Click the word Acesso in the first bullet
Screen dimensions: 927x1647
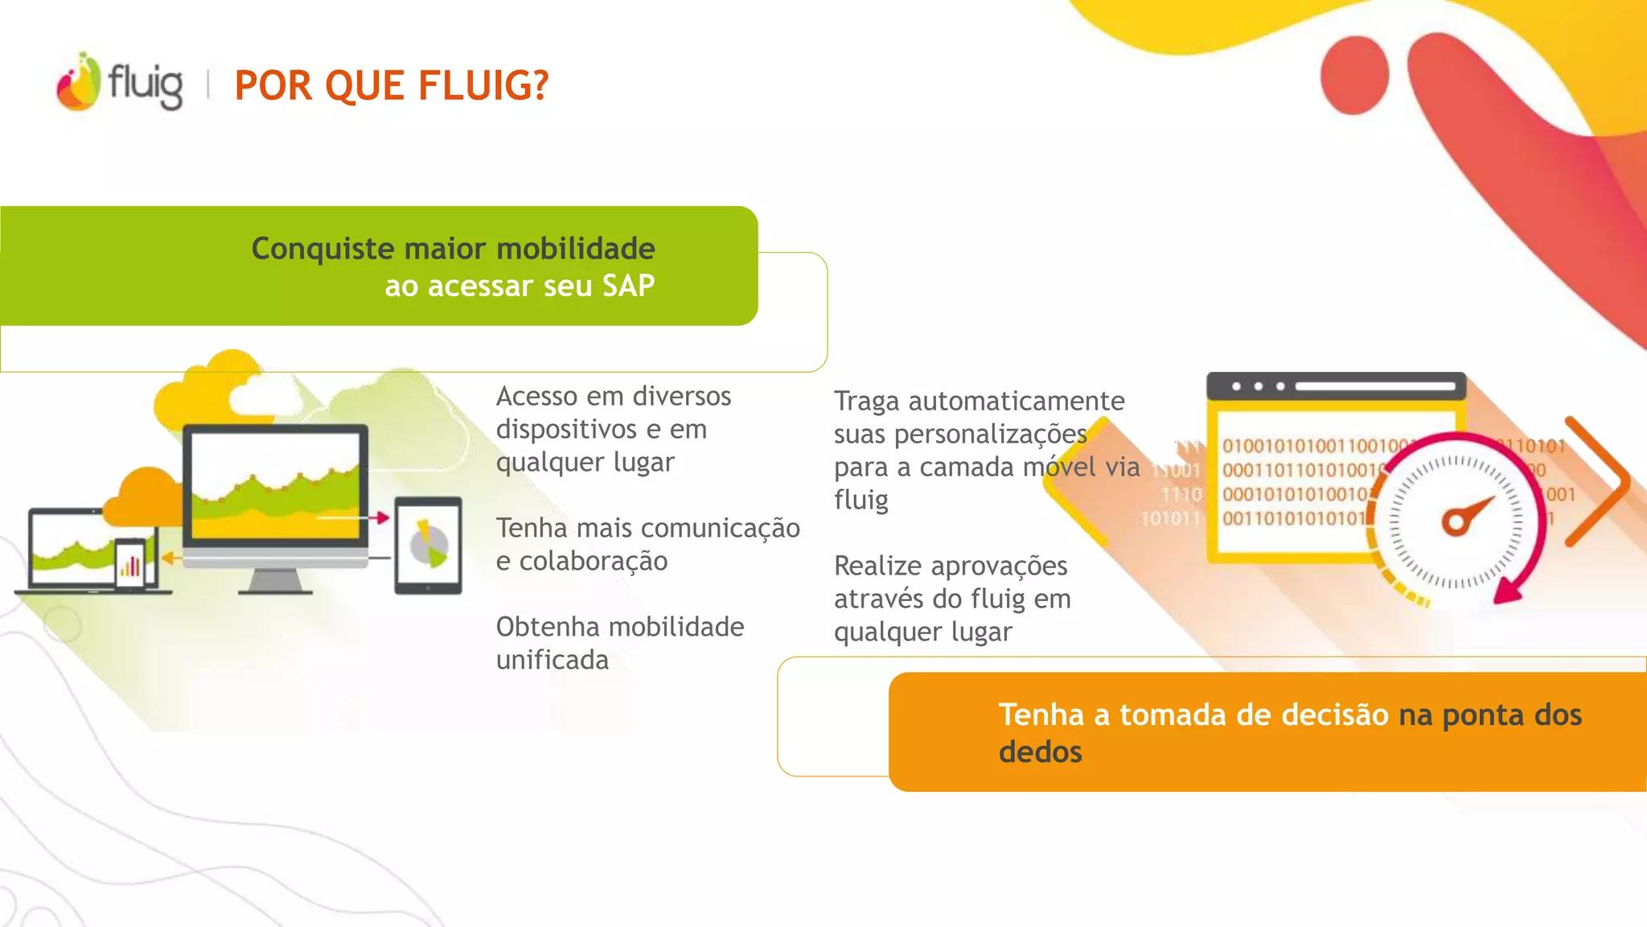click(536, 396)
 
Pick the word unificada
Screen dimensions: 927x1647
click(552, 660)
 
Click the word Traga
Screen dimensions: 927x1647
click(866, 401)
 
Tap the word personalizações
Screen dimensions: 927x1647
click(991, 435)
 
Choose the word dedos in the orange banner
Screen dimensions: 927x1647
click(1040, 752)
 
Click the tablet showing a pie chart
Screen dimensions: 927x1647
click(428, 546)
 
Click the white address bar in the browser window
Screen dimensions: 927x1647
click(1374, 387)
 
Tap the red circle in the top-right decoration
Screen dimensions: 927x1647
click(1355, 75)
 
